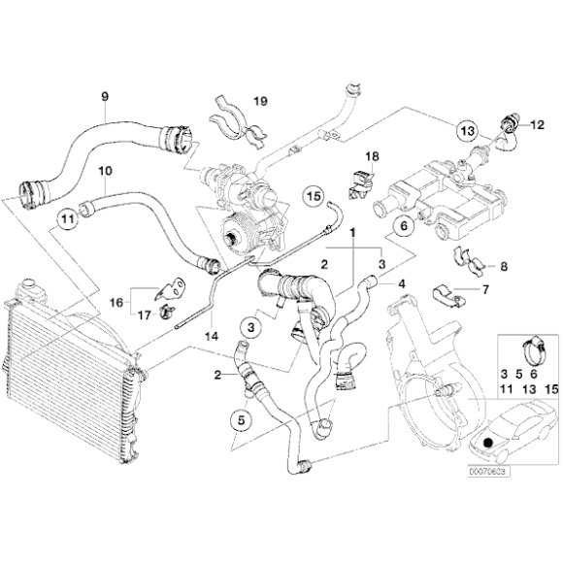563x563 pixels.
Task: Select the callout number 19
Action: (259, 100)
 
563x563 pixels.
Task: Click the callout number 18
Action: (372, 157)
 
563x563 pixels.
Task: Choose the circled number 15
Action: (313, 196)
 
